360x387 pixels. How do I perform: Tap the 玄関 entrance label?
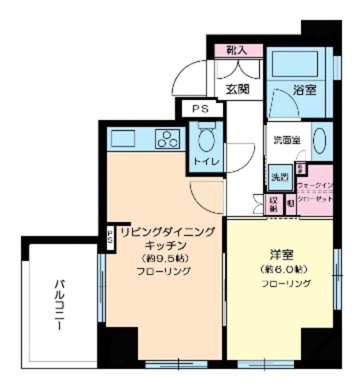[x=238, y=89]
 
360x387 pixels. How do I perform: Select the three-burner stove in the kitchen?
[x=167, y=140]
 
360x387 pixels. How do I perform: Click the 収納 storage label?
[x=273, y=204]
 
